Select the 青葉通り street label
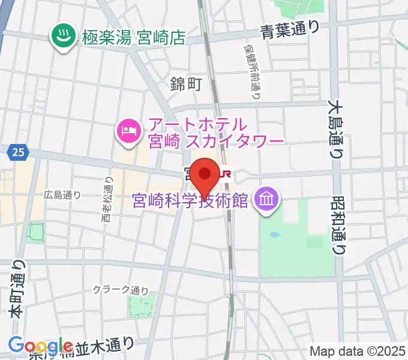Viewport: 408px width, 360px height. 290,29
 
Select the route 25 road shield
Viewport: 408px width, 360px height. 17,154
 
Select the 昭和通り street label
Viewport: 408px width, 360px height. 339,226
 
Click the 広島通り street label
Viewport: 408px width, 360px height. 62,194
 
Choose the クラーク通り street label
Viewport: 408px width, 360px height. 121,290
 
